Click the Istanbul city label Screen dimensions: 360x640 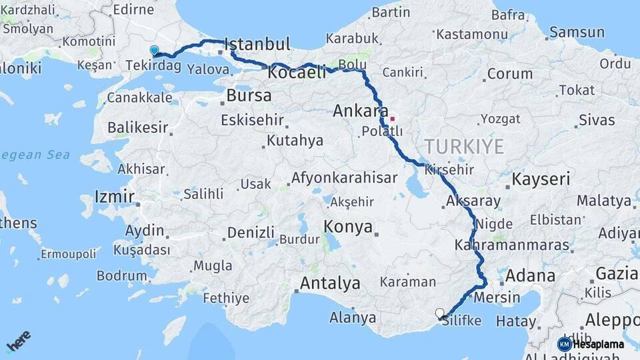tap(258, 45)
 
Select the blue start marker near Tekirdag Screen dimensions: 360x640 tap(155, 50)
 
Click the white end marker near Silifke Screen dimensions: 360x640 tap(439, 313)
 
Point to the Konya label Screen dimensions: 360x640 tap(348, 227)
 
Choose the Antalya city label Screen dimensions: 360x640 tap(330, 283)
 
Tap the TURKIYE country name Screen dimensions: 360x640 tap(464, 147)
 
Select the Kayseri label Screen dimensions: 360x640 tap(541, 179)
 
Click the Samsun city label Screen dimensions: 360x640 tap(577, 32)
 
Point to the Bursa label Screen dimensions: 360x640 tap(249, 95)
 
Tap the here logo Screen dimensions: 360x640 tap(18, 341)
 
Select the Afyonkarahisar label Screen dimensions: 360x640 tap(344, 178)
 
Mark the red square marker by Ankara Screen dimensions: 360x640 tap(393, 119)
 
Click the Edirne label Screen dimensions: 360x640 tap(133, 9)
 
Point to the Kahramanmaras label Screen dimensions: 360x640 tap(511, 245)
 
